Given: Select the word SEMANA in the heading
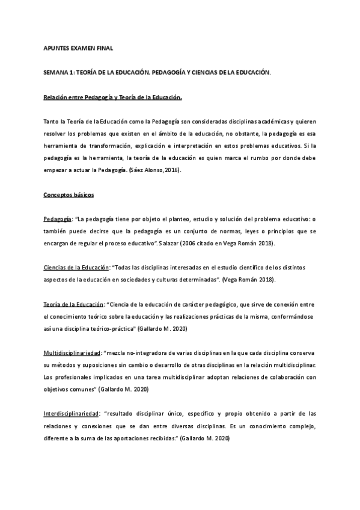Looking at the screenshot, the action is [55, 72].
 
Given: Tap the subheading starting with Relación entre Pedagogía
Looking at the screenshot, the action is [112, 97].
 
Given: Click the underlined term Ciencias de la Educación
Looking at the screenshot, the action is [76, 266].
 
